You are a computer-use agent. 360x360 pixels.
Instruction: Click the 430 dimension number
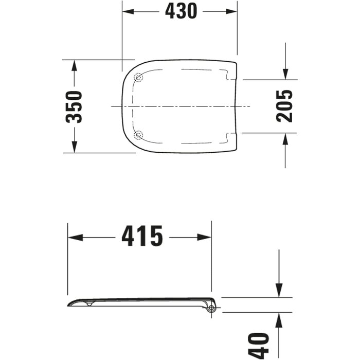[x=181, y=11]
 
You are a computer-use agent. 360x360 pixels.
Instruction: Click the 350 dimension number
[x=74, y=107]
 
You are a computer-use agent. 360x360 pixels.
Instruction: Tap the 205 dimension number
[x=285, y=106]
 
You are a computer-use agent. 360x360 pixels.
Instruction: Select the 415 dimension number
[x=142, y=236]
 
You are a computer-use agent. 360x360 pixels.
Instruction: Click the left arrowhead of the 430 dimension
[x=128, y=11]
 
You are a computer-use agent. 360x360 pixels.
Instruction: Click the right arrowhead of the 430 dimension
[x=231, y=11]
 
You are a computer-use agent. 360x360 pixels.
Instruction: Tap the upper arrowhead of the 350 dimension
[x=74, y=66]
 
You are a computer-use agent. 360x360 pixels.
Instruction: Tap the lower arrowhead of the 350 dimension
[x=74, y=147]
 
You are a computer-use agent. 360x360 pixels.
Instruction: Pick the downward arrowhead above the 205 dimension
[x=285, y=74]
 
